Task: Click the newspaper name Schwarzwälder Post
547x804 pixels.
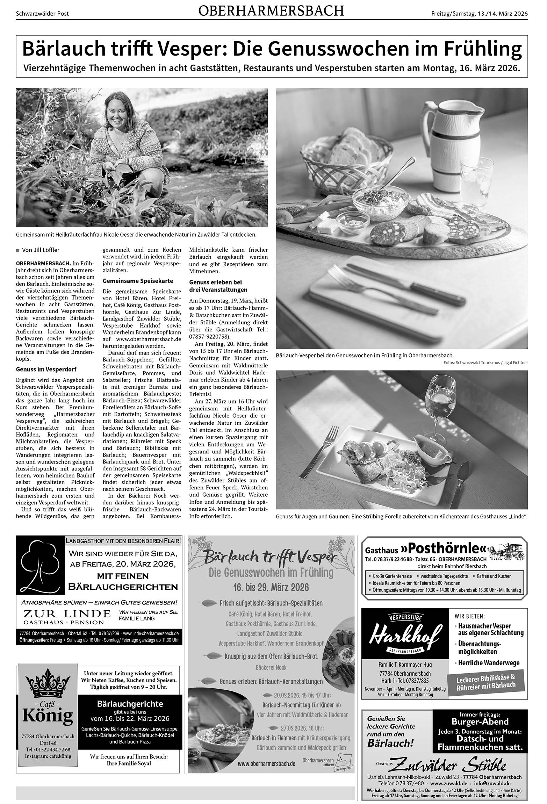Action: coord(42,14)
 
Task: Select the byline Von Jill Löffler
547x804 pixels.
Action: coord(41,250)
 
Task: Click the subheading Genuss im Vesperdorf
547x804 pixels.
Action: coord(46,369)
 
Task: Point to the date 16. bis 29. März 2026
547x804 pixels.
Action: coord(271,587)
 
